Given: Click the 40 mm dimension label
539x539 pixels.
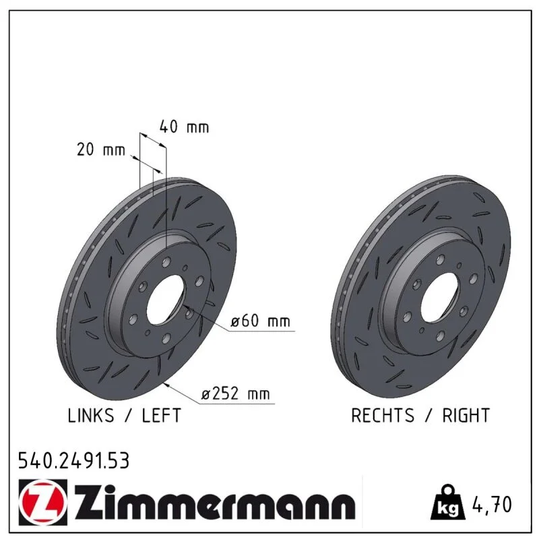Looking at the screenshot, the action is [184, 127].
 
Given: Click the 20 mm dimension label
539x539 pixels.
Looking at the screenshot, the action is [101, 150].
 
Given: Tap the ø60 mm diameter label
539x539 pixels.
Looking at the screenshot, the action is [261, 321].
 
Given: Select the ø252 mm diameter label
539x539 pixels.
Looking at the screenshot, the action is [235, 393].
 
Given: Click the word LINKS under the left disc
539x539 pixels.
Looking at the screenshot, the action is [91, 415].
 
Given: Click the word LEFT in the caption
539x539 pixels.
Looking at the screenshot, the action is [161, 415].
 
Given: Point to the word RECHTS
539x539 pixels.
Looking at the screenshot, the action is [383, 415].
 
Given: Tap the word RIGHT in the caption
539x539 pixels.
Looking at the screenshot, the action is [466, 415].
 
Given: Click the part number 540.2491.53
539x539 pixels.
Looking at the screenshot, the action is [74, 461].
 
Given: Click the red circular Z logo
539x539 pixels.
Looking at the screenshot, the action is [42, 503].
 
